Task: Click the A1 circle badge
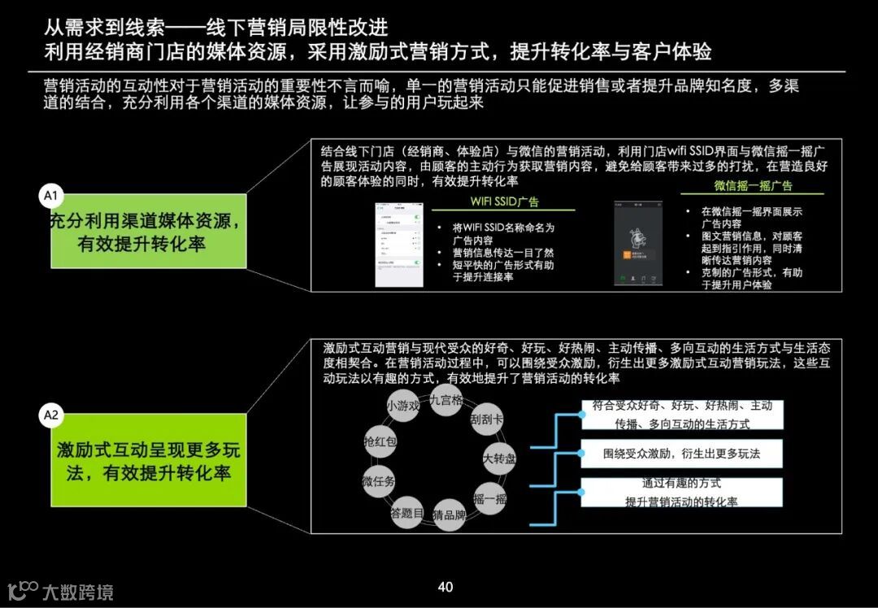point(51,195)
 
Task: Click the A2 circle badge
point(51,415)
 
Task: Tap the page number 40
point(445,587)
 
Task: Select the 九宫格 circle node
point(446,400)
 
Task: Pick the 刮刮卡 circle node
point(486,420)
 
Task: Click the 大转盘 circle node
point(499,458)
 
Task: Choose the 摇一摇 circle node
point(489,498)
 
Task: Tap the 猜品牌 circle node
point(449,515)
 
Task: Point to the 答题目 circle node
point(406,513)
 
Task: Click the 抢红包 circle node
point(380,441)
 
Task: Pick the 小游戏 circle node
point(403,406)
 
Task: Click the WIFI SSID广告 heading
point(504,202)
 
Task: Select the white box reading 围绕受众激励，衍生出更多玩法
point(681,454)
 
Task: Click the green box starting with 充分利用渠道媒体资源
point(149,231)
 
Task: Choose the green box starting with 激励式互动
point(149,460)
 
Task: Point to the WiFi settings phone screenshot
point(398,243)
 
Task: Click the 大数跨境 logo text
point(77,592)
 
